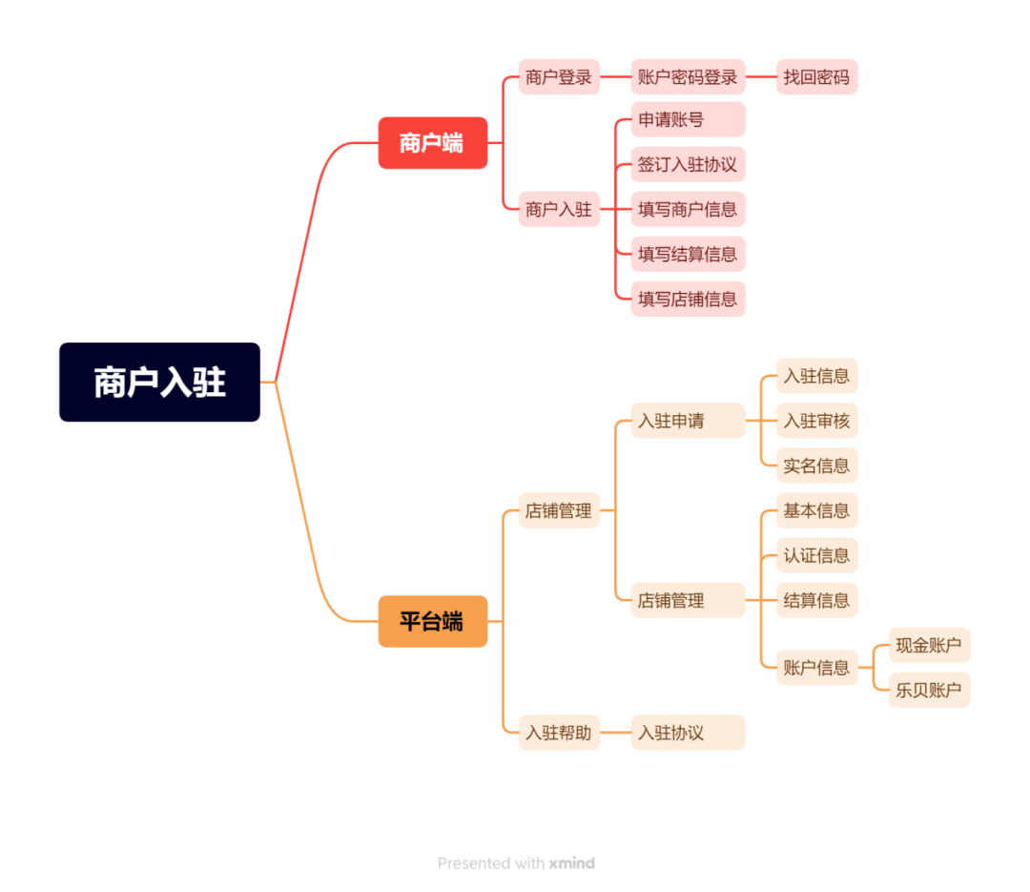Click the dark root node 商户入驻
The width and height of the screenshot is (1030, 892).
[159, 383]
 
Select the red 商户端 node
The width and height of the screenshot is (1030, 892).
[432, 143]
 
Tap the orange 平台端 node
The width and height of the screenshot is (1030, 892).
[432, 622]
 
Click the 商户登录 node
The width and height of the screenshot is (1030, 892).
[559, 77]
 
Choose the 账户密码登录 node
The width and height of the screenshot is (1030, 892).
[688, 77]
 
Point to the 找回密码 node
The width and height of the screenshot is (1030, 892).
[816, 77]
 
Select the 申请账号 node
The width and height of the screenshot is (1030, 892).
[687, 120]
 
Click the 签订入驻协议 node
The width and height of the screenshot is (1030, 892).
[687, 165]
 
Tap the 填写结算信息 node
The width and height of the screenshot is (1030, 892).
[687, 255]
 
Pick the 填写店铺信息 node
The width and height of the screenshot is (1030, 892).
[687, 300]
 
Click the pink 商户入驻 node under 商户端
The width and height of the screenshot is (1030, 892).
[559, 209]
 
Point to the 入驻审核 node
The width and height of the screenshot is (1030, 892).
[816, 421]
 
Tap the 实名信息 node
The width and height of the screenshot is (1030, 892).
[816, 466]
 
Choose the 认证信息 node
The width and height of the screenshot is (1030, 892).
[816, 555]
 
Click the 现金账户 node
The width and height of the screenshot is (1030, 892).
[929, 645]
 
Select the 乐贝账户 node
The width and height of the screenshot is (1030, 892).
[929, 690]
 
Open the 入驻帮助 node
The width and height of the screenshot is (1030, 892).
[559, 733]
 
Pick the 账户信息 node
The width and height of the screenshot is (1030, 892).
[816, 668]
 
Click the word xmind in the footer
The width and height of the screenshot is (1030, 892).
[571, 863]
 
